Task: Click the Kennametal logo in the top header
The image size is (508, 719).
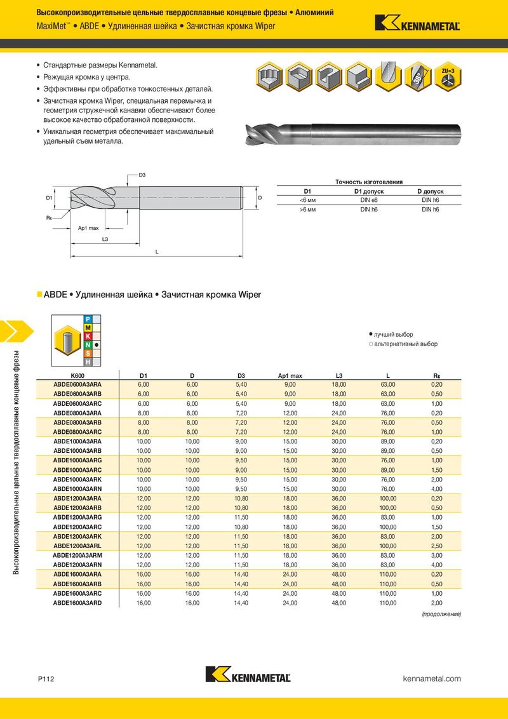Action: [x=417, y=23]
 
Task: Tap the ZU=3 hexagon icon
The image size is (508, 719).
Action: [x=448, y=77]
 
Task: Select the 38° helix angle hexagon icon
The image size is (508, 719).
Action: [x=418, y=77]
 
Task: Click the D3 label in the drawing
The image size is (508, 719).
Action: [x=142, y=175]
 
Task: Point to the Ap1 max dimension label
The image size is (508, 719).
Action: [x=88, y=228]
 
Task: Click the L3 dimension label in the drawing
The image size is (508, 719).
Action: [x=105, y=239]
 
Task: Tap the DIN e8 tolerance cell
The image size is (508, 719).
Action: [x=369, y=200]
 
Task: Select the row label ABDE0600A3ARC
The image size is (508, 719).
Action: [x=77, y=403]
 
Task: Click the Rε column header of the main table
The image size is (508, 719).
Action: [x=436, y=376]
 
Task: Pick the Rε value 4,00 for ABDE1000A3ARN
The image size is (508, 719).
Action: [x=436, y=489]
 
